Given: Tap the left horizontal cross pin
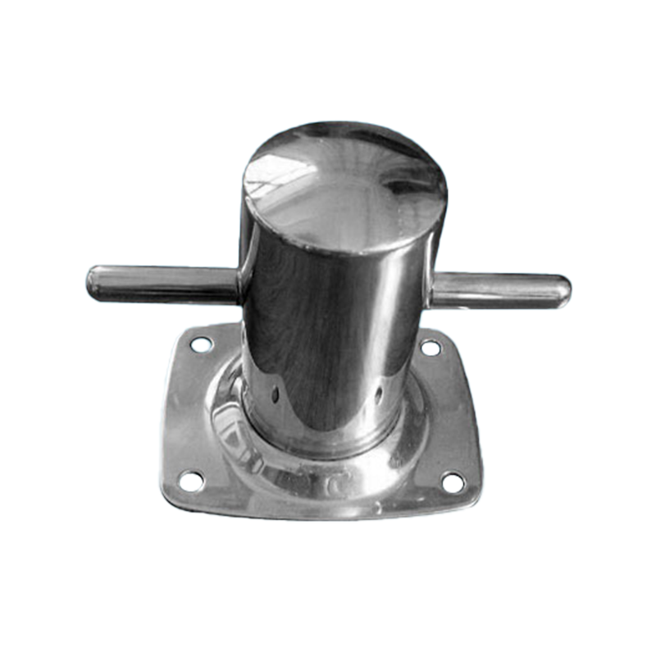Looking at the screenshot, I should [164, 283].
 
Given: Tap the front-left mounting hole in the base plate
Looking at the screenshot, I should [191, 479].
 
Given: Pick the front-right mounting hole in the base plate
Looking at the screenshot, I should [453, 482].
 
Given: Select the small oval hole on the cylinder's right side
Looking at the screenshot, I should [378, 395].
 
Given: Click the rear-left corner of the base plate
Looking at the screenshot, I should [182, 332].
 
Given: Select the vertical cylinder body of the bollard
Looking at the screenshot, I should [336, 328].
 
